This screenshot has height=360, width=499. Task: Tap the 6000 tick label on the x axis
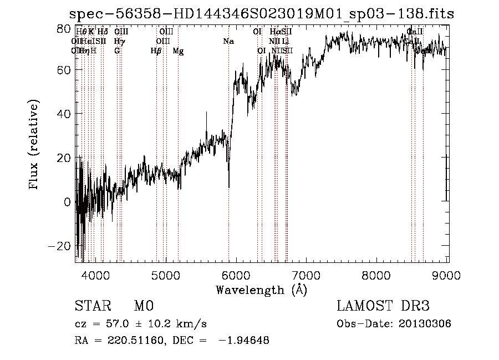[x=236, y=275]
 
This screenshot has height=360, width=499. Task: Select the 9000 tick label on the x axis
[x=447, y=275]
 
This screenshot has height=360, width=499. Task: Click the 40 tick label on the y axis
[x=64, y=115]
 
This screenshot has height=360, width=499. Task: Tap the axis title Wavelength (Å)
[x=261, y=290]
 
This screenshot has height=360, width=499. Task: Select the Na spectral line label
[x=228, y=41]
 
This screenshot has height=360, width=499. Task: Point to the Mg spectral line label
[x=178, y=51]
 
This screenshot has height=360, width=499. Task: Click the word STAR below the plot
[x=93, y=306]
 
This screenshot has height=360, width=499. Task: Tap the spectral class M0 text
[x=143, y=306]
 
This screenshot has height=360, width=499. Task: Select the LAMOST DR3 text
[x=383, y=306]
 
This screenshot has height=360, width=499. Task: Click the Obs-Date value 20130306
[x=427, y=324]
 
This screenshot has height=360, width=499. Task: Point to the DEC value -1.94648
[x=244, y=341]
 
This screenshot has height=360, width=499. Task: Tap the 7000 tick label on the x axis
[x=307, y=275]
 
